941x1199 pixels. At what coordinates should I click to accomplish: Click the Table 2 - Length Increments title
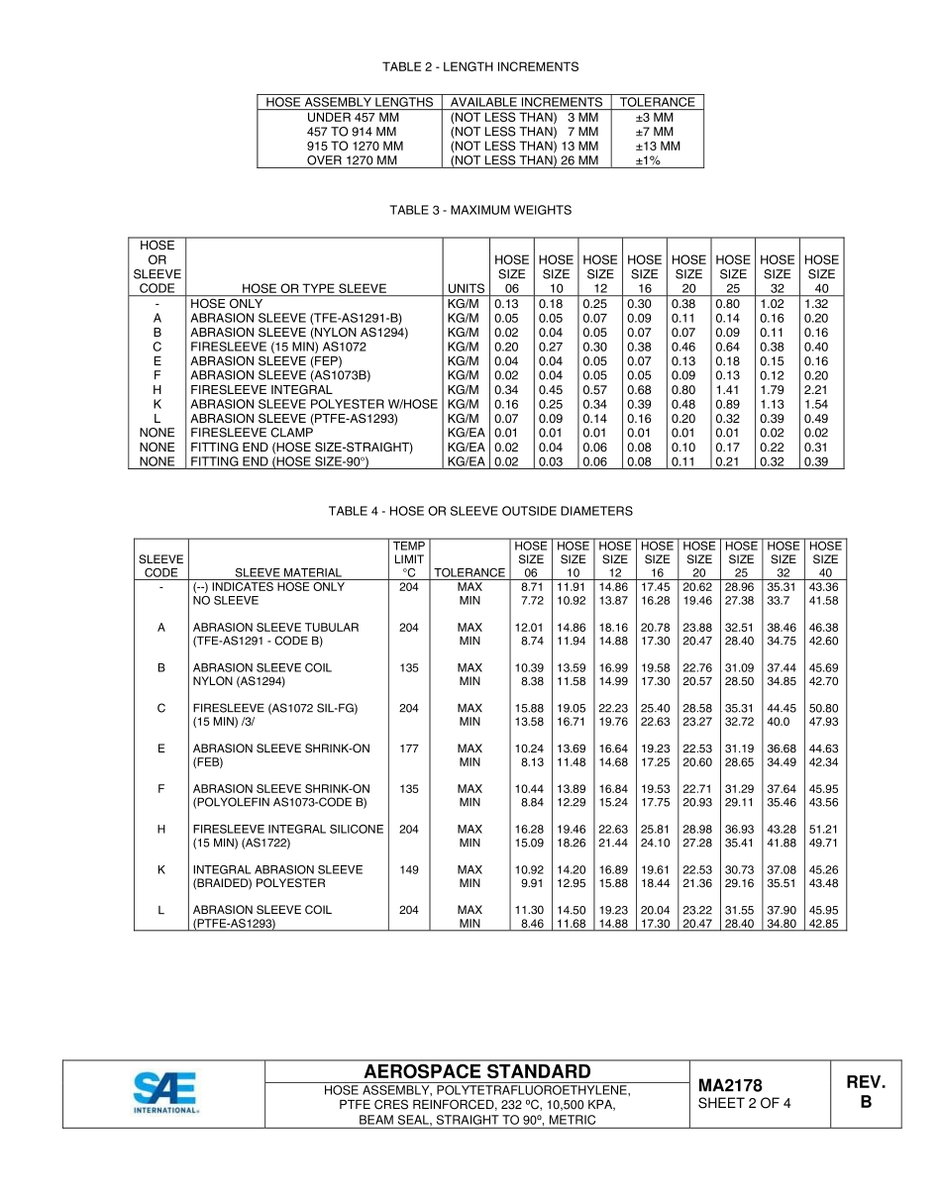480,66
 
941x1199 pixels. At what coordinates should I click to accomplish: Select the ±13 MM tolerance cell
658,146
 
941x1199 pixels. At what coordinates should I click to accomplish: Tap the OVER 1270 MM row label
352,160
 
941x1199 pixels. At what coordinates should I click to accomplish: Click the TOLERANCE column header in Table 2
658,102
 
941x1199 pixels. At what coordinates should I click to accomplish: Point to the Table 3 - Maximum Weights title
480,210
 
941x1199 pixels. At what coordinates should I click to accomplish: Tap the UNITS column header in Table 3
466,288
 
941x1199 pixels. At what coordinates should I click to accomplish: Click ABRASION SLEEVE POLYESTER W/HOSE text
314,404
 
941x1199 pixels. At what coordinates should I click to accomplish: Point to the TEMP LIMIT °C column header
408,558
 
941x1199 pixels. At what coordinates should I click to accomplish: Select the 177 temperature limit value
408,749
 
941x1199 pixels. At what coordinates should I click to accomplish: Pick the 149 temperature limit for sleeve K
408,869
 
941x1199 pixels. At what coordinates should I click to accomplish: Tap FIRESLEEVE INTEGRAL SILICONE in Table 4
287,829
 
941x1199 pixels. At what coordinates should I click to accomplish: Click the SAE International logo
166,1093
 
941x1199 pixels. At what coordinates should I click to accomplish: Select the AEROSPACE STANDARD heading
477,1071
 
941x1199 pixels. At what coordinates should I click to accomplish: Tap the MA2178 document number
730,1086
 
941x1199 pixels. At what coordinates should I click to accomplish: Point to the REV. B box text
866,1092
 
